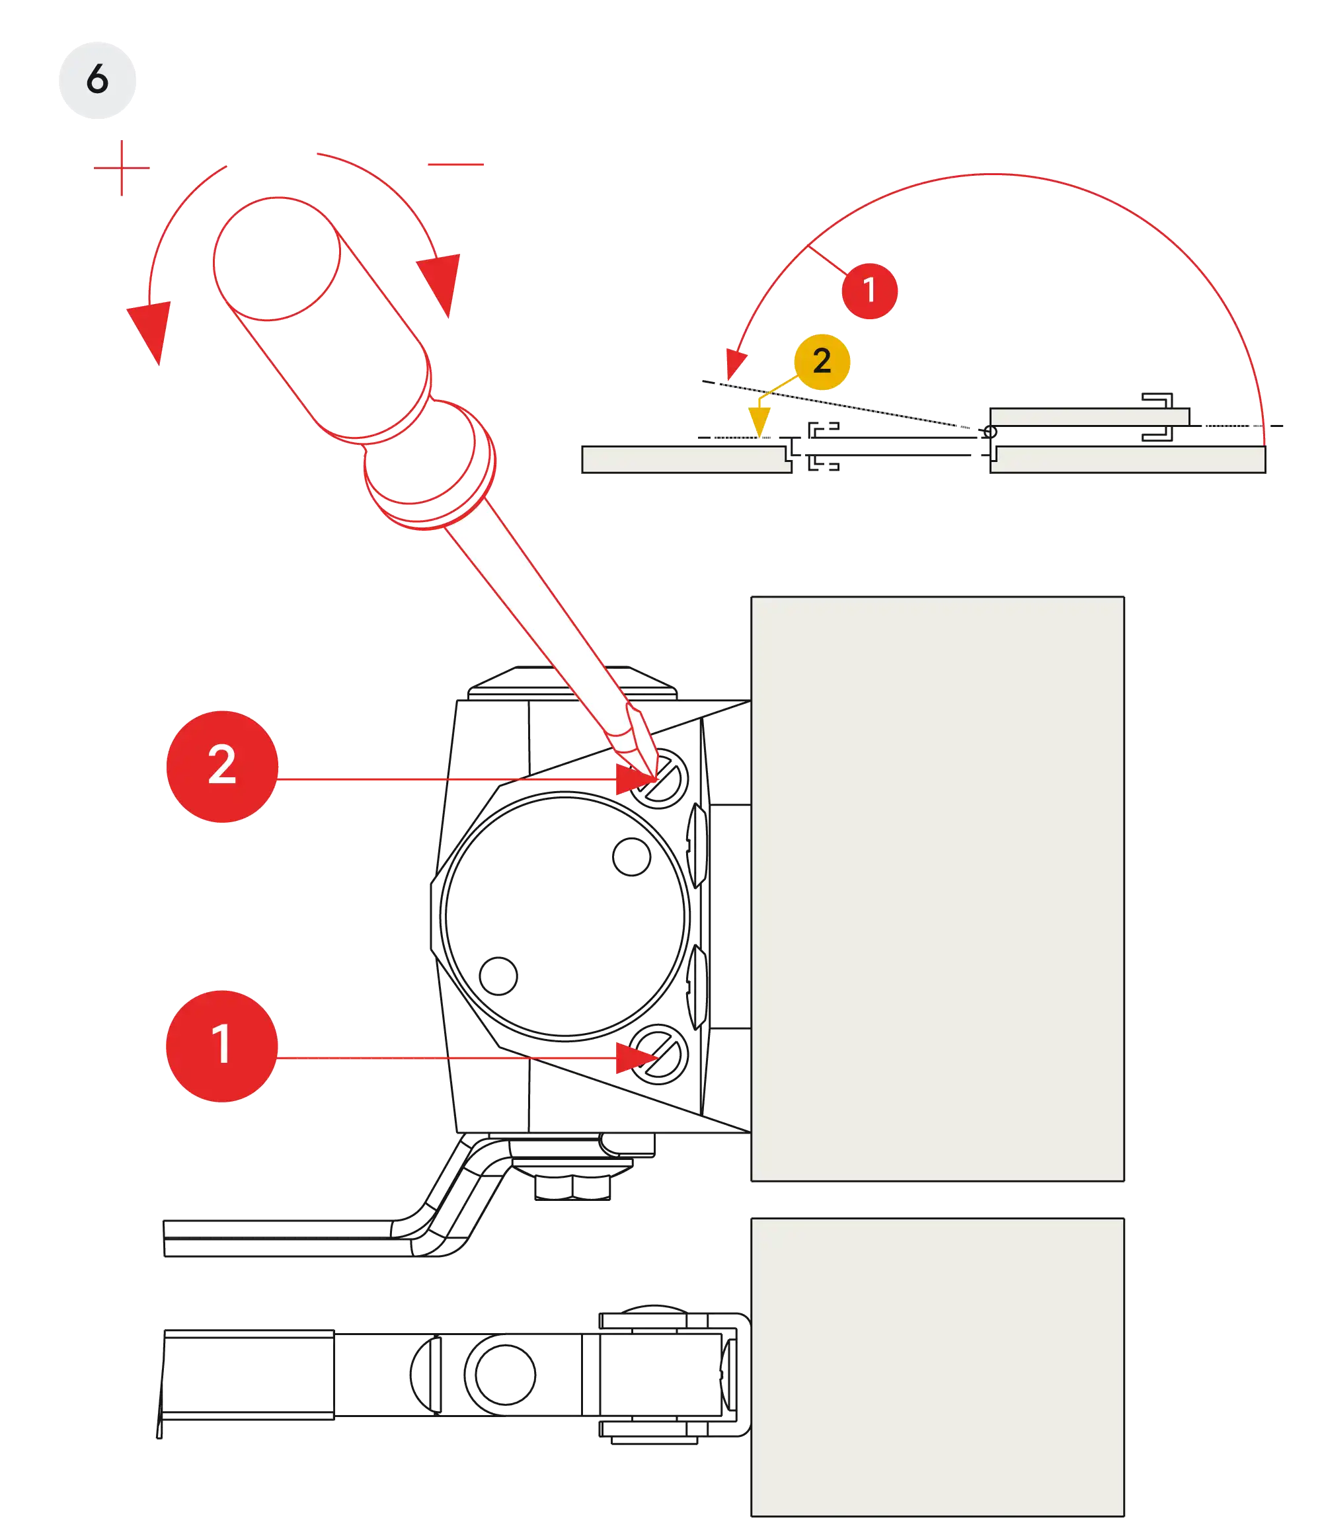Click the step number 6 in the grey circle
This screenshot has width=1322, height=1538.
coord(97,80)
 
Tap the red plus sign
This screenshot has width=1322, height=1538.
coord(121,167)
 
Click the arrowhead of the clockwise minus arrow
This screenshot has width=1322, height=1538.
coord(441,283)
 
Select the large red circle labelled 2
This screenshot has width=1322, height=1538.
coord(222,765)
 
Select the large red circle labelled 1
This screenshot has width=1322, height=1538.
coord(222,1045)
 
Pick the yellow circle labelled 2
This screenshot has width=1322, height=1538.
coord(822,362)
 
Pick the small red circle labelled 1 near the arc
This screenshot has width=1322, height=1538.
coord(869,290)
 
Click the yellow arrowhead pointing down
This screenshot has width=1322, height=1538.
coord(759,421)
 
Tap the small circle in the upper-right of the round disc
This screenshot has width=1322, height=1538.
coord(630,857)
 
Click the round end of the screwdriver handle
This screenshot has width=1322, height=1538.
coord(277,259)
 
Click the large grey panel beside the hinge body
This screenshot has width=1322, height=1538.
coord(937,887)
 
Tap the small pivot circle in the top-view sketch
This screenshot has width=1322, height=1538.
coord(990,432)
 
